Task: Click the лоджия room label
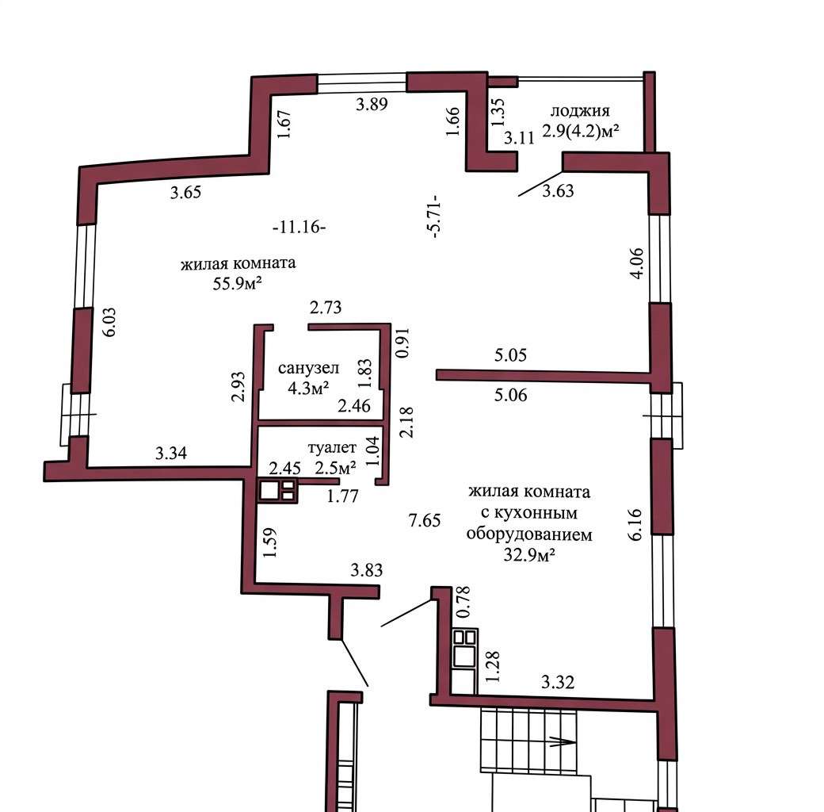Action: pyautogui.click(x=580, y=112)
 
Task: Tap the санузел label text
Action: pyautogui.click(x=308, y=368)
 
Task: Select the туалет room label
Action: pyautogui.click(x=332, y=447)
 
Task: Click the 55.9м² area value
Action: pyautogui.click(x=237, y=283)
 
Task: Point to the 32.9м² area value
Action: pyautogui.click(x=529, y=554)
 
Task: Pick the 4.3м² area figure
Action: pyautogui.click(x=308, y=388)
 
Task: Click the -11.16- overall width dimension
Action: pyautogui.click(x=299, y=228)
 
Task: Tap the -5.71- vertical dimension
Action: pyautogui.click(x=434, y=216)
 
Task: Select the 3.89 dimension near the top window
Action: pyautogui.click(x=372, y=104)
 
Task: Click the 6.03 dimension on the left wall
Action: pyautogui.click(x=109, y=322)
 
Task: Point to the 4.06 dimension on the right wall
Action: pyautogui.click(x=636, y=263)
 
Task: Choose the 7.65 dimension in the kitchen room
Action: pyautogui.click(x=425, y=520)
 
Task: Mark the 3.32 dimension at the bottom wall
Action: pyautogui.click(x=558, y=682)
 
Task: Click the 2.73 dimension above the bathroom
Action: pyautogui.click(x=326, y=307)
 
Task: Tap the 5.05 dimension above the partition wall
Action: pyautogui.click(x=510, y=355)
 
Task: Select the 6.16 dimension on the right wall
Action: pyautogui.click(x=635, y=524)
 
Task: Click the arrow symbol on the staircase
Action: pyautogui.click(x=562, y=742)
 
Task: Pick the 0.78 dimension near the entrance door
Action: pyautogui.click(x=463, y=602)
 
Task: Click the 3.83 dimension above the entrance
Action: pyautogui.click(x=367, y=570)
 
